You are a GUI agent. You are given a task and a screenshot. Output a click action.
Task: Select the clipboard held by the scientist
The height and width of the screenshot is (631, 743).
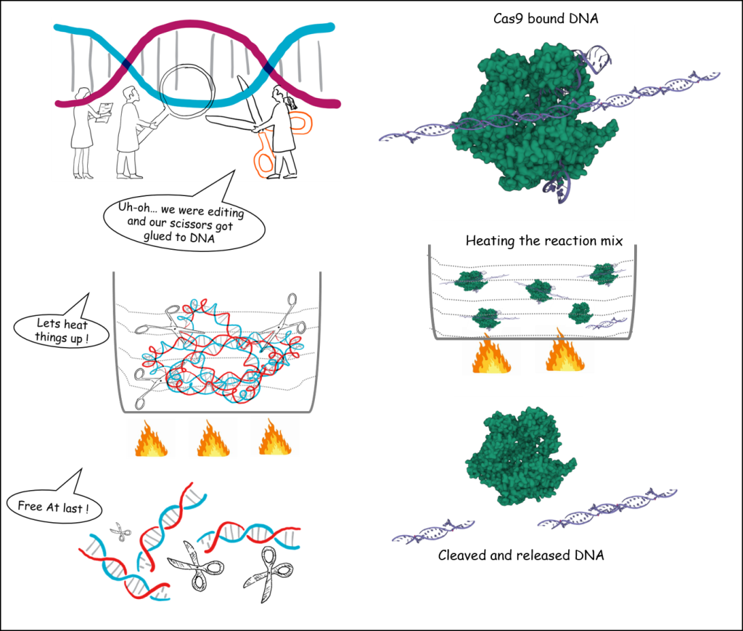[106, 108]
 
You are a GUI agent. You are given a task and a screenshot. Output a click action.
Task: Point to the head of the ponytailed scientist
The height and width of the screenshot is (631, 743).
[279, 94]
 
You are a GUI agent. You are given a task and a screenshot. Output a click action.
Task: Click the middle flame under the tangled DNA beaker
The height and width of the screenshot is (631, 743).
[212, 440]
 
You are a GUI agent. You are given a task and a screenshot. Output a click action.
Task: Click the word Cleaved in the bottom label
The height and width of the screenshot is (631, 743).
[464, 555]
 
